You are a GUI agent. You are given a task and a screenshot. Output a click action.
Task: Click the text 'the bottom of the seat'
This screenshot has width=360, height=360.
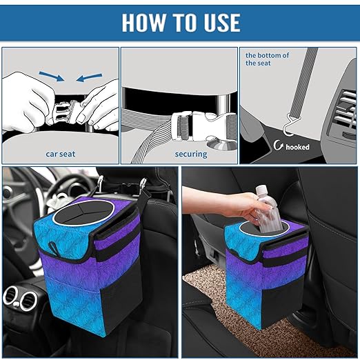click(268, 59)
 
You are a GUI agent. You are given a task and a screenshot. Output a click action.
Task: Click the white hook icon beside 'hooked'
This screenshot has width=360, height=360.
click(279, 146)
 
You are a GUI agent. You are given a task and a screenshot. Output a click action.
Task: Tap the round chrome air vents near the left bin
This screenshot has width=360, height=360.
click(21, 298)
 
